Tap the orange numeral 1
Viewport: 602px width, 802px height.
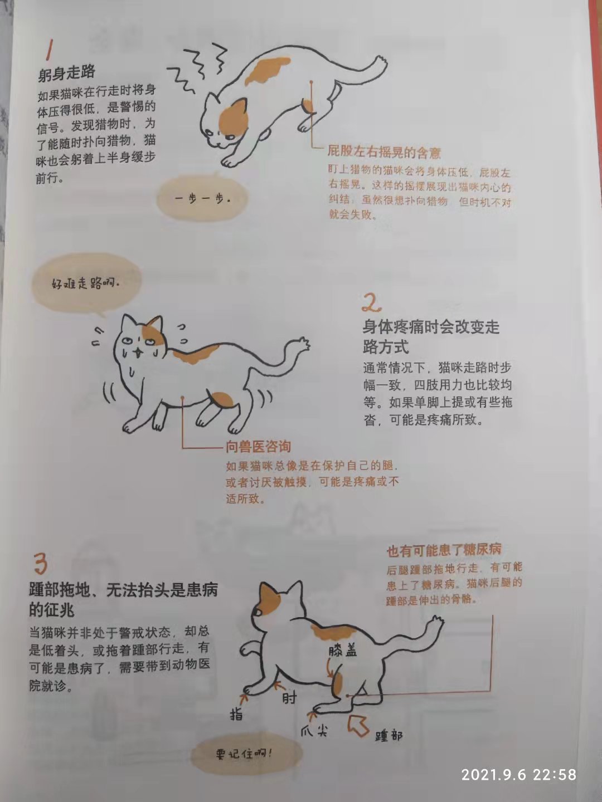tap(50, 50)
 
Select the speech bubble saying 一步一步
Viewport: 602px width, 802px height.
tap(202, 199)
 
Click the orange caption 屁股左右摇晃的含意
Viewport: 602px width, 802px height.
tap(384, 152)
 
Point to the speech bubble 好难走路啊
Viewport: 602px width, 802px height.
tap(86, 283)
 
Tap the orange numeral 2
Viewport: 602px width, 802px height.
tap(371, 303)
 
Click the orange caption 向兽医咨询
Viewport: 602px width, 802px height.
tap(258, 447)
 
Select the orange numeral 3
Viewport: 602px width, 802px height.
tap(41, 564)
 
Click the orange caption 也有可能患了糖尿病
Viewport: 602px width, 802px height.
tap(444, 550)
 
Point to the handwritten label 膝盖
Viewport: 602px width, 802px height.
tap(342, 650)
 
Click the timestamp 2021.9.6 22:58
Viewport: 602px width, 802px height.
tap(518, 774)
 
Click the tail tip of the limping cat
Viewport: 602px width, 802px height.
tap(303, 343)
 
